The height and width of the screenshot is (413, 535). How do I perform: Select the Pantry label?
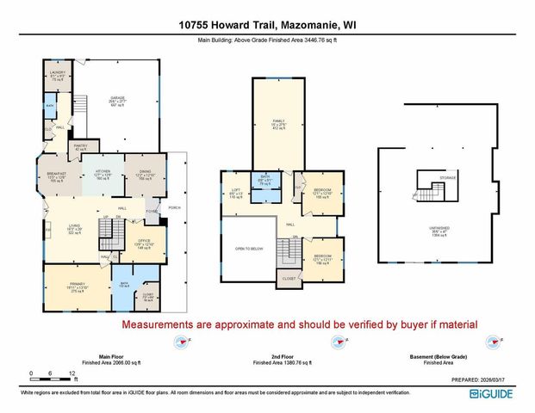click(81, 146)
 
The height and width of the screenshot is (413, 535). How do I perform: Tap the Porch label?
click(174, 208)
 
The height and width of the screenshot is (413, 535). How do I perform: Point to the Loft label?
click(236, 192)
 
